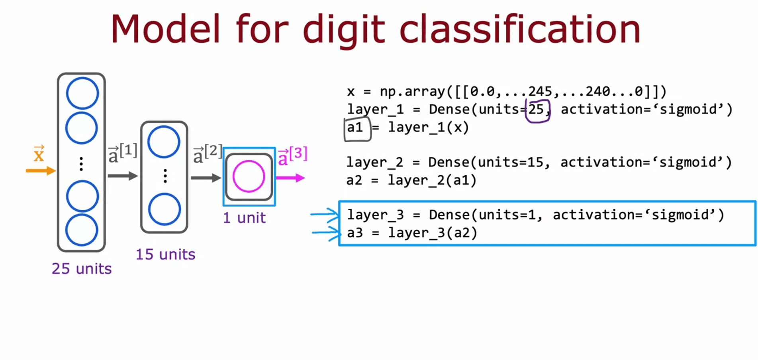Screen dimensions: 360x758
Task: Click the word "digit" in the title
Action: (344, 29)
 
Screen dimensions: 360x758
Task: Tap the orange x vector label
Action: (39, 154)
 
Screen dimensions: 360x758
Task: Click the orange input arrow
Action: (40, 171)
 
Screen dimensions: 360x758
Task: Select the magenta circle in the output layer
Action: (249, 176)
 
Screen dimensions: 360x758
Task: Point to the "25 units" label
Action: (82, 269)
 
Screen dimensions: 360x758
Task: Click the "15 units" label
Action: (165, 254)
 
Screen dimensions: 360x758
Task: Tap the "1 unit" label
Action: (244, 218)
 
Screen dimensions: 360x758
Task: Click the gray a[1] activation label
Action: (122, 153)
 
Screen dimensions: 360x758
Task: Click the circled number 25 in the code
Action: (537, 110)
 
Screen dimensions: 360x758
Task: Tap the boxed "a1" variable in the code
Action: (355, 128)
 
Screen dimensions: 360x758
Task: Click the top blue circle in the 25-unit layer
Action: (82, 94)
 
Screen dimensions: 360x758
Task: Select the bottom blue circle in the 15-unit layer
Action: (165, 209)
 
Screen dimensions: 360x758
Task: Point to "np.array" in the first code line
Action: (412, 92)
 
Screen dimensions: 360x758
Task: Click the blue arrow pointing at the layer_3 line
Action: (325, 215)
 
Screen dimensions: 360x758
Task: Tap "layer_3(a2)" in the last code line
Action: (433, 233)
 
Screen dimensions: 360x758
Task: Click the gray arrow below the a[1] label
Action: (122, 176)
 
